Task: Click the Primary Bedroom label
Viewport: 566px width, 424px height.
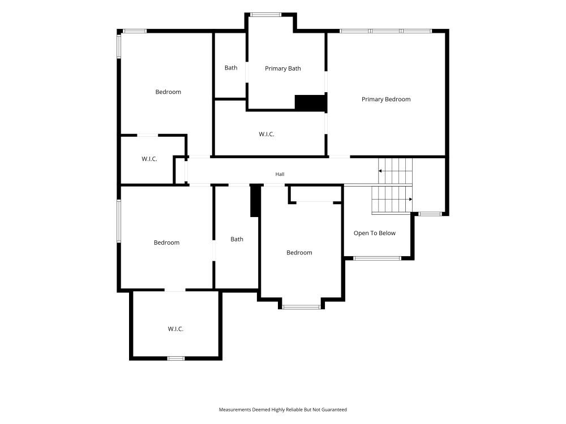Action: coord(386,99)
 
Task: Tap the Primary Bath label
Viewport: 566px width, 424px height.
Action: coord(282,68)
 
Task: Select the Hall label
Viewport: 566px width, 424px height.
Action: coord(280,174)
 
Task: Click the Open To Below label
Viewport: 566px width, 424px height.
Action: coord(374,233)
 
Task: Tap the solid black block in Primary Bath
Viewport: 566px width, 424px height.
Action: coord(311,103)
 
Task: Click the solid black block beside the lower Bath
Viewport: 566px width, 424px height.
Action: coord(255,201)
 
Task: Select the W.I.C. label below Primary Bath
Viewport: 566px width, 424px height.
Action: coord(267,134)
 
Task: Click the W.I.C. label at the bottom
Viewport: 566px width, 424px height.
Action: coord(175,329)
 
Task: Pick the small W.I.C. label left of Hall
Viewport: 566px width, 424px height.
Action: coord(149,159)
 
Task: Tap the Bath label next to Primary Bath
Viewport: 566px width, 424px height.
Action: coord(231,68)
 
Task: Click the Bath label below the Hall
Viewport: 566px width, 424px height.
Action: coord(237,239)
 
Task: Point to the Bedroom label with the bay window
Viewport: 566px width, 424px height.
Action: coord(299,253)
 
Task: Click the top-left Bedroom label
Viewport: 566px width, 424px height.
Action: coord(168,92)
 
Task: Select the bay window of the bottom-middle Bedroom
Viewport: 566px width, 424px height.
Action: coord(301,307)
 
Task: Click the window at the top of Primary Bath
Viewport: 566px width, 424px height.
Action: coord(265,15)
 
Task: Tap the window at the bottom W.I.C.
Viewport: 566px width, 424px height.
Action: coord(176,358)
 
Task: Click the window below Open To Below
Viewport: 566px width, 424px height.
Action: coord(377,258)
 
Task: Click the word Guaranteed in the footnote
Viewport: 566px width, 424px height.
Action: coord(335,409)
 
